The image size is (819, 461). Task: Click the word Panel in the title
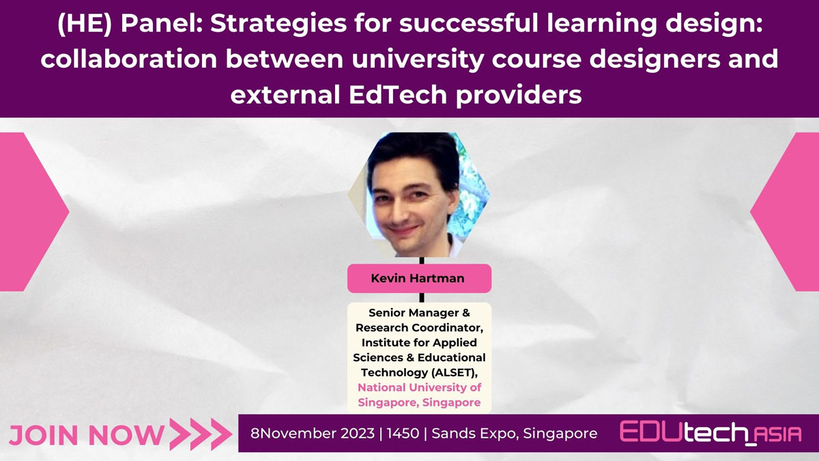point(161,23)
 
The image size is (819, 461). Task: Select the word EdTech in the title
point(398,94)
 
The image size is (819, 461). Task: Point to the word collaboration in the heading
point(129,59)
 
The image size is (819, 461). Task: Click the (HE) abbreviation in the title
point(85,24)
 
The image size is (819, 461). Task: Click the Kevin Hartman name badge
point(419,279)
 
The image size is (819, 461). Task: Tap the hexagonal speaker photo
point(419,194)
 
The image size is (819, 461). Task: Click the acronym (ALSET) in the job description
point(455,372)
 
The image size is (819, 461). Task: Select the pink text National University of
point(419,387)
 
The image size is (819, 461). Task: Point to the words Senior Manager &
point(419,313)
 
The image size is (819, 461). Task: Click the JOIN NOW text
point(87,435)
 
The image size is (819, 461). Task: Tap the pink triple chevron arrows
point(201,434)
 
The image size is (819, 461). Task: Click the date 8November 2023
point(313,433)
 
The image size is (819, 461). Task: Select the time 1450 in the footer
point(403,433)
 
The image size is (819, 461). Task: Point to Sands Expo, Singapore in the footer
point(515,434)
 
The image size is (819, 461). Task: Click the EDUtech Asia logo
point(710,432)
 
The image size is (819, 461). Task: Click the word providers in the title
point(519,95)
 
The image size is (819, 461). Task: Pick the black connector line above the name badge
point(422,260)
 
